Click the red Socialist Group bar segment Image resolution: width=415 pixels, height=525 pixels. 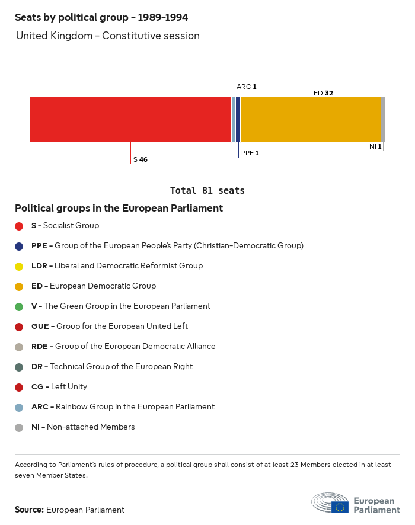130,120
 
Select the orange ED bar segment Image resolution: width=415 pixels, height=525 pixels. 310,120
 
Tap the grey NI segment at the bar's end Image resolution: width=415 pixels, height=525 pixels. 383,120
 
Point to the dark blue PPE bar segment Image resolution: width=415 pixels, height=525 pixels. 238,120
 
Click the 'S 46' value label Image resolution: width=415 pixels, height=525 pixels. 140,159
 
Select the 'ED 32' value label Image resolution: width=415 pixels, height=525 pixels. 323,93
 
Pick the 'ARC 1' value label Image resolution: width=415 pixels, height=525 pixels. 246,87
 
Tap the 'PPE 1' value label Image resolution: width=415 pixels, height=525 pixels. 250,153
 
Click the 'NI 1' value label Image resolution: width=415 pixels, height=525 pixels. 375,146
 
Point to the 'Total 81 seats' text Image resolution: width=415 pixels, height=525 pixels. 207,191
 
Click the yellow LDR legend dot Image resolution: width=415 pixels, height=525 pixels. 19,266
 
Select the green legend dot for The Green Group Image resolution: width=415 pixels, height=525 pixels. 19,306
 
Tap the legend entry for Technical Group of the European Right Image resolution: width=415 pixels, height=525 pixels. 111,367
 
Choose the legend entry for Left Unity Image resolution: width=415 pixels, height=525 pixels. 59,387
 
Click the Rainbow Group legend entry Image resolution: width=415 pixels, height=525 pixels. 123,407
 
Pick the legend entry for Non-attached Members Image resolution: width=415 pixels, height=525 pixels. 83,427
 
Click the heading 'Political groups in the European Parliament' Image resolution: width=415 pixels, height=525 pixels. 119,209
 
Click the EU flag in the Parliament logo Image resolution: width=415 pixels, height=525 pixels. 340,507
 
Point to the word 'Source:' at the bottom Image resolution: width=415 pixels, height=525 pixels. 29,510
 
